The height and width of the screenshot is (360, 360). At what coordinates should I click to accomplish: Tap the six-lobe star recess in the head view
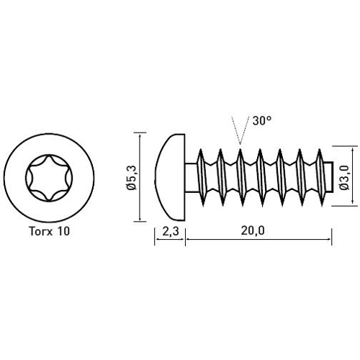click(x=49, y=176)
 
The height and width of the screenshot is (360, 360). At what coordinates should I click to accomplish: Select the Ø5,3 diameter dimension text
click(x=130, y=176)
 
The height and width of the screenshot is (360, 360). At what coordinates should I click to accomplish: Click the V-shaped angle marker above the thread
click(x=238, y=133)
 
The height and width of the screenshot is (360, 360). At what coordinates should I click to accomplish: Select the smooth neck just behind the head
click(x=192, y=176)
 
